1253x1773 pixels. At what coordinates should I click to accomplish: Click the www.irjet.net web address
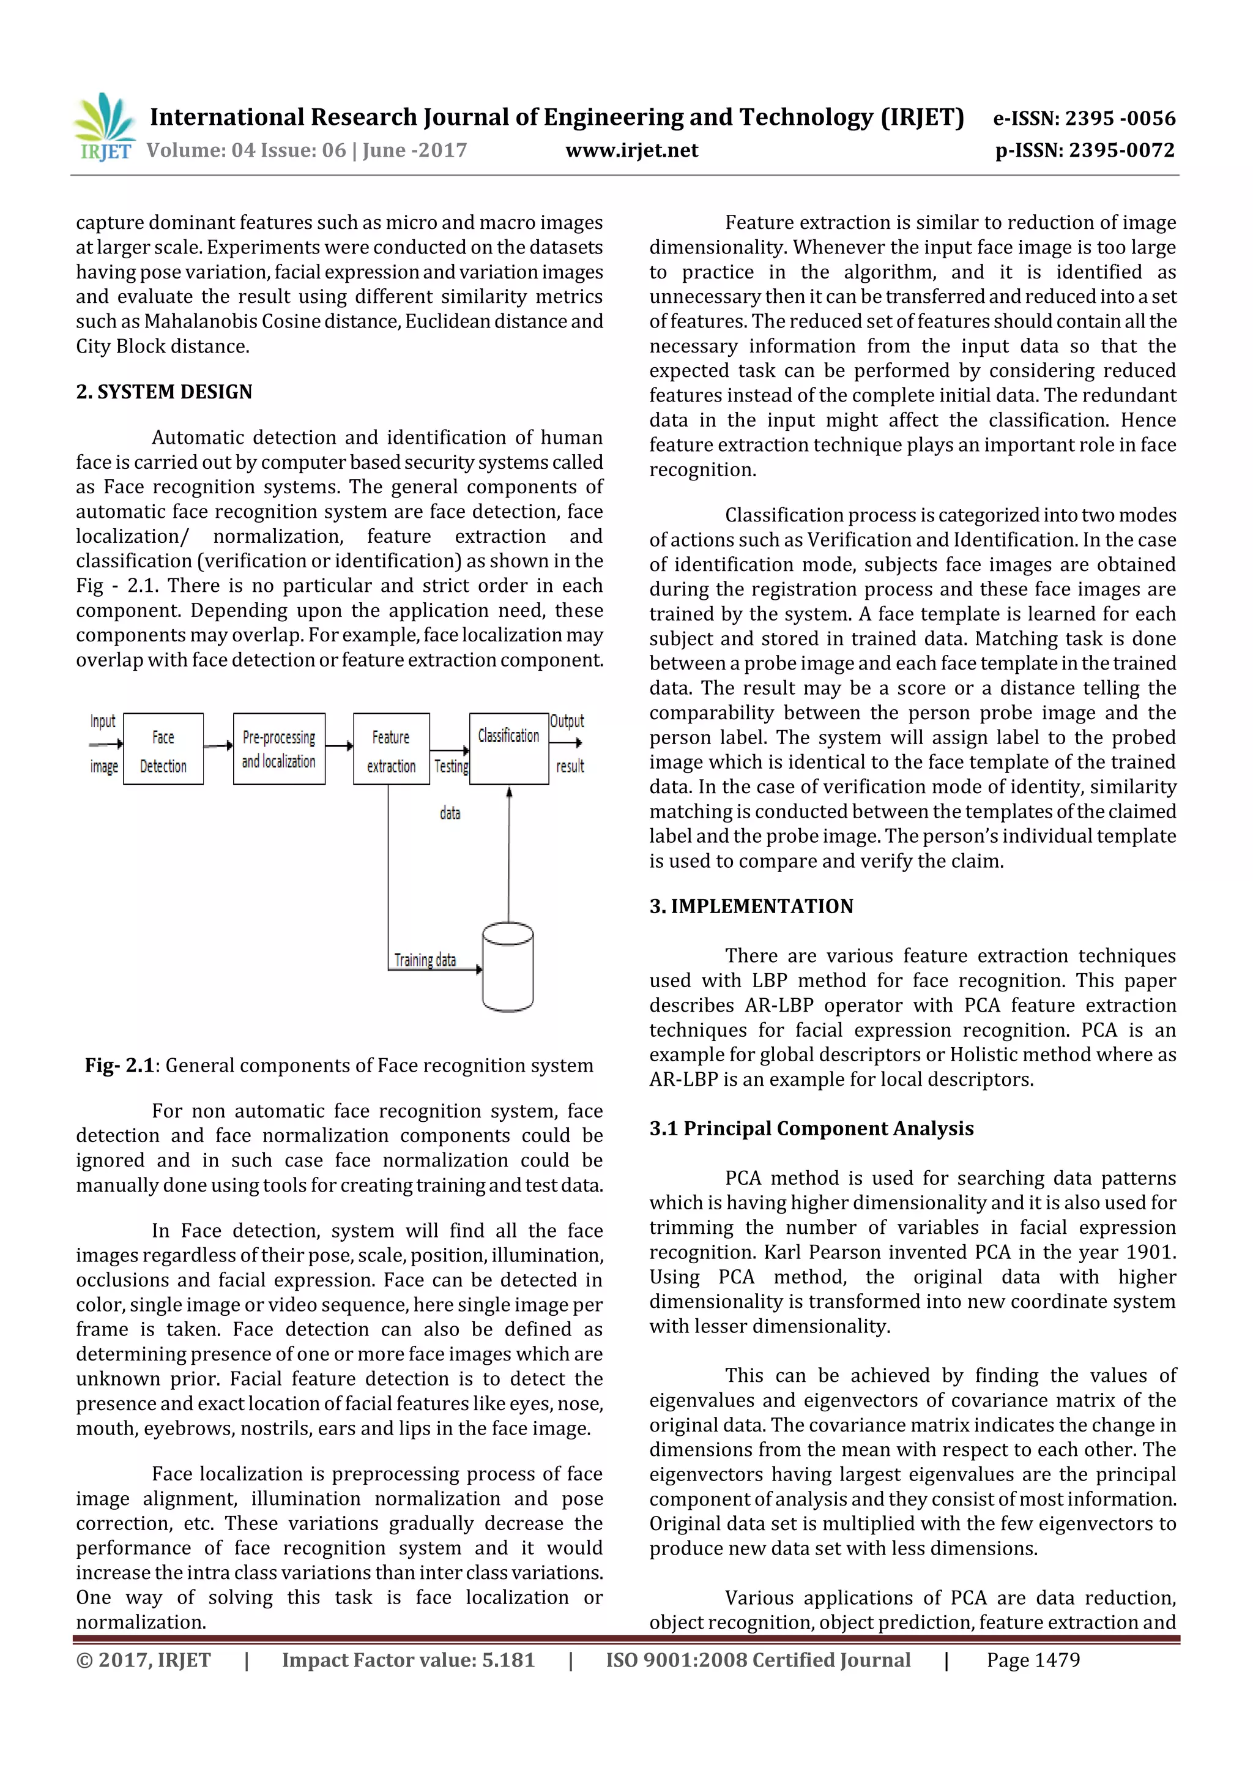pos(631,151)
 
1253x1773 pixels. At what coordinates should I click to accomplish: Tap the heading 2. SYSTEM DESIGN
pos(164,392)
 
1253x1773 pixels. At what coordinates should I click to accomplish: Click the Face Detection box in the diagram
pos(163,749)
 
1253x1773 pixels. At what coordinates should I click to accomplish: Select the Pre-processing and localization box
pos(279,749)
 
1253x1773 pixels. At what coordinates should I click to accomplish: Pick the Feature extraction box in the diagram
pos(391,749)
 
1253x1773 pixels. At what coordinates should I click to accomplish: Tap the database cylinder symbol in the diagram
pos(507,967)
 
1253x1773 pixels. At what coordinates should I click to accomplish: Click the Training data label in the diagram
pos(425,960)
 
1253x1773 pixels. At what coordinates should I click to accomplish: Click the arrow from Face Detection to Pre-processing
pos(218,745)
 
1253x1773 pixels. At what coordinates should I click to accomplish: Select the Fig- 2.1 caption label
pos(120,1066)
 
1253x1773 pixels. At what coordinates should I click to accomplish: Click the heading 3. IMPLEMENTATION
pos(751,906)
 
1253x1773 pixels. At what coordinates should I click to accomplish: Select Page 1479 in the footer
pos(1033,1660)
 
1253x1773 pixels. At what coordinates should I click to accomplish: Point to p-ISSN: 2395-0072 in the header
pos(1085,151)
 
